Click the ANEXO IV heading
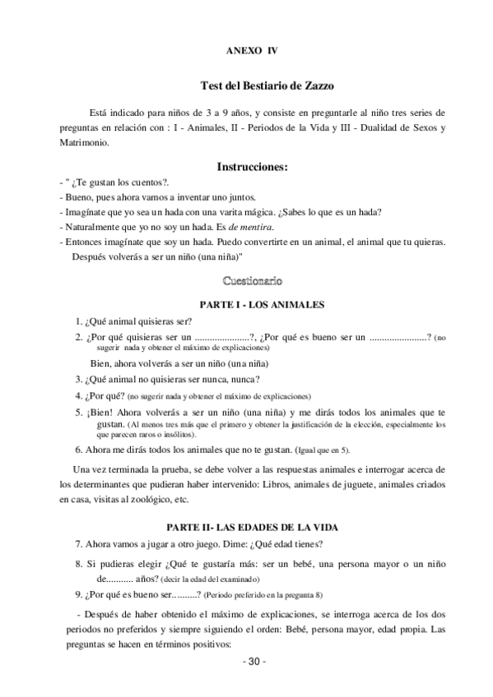(252, 50)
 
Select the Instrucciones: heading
(252, 167)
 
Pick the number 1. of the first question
(78, 321)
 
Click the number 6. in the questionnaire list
(78, 450)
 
